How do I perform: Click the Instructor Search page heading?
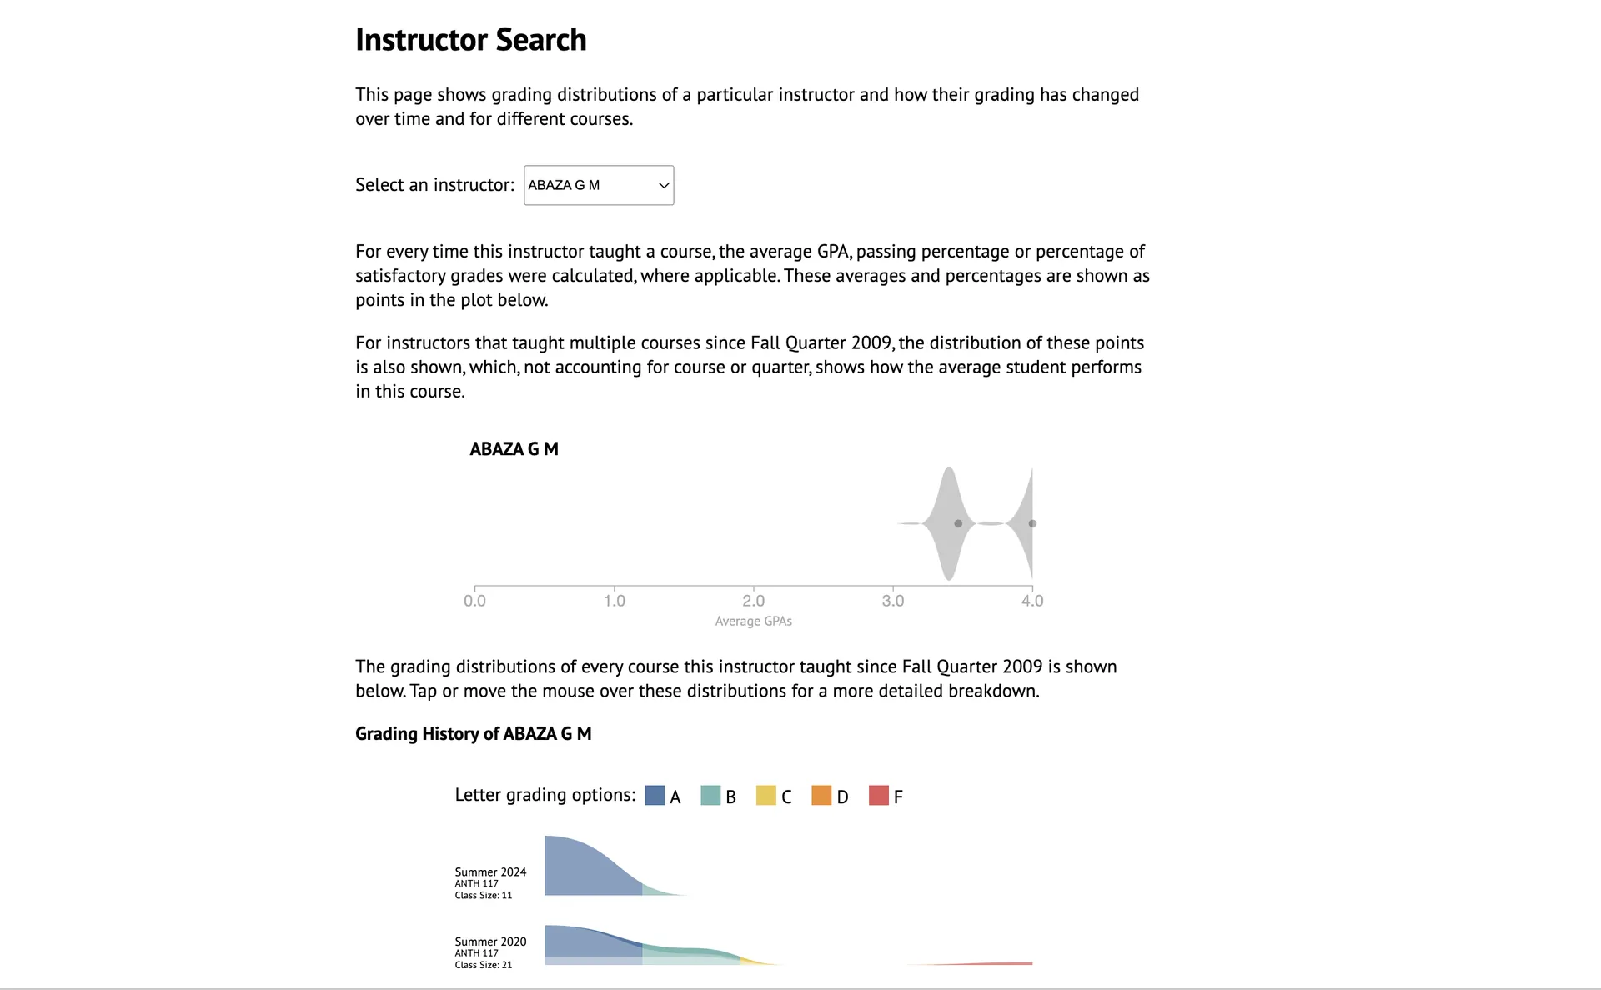pyautogui.click(x=470, y=40)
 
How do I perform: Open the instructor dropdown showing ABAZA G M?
pyautogui.click(x=598, y=185)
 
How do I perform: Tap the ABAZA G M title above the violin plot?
pyautogui.click(x=514, y=449)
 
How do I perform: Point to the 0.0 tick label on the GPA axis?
pyautogui.click(x=474, y=601)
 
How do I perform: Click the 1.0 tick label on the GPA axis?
pyautogui.click(x=614, y=601)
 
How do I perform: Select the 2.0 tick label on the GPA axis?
pyautogui.click(x=753, y=601)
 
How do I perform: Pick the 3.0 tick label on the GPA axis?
pyautogui.click(x=892, y=601)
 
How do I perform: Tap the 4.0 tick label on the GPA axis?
pyautogui.click(x=1031, y=601)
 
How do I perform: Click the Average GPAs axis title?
pyautogui.click(x=753, y=622)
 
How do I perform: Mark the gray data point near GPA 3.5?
pyautogui.click(x=958, y=523)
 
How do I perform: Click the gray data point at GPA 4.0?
pyautogui.click(x=1032, y=523)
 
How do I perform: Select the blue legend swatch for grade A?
pyautogui.click(x=655, y=796)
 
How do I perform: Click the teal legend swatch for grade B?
pyautogui.click(x=710, y=796)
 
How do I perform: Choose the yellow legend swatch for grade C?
pyautogui.click(x=765, y=796)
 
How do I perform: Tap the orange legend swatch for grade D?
pyautogui.click(x=821, y=796)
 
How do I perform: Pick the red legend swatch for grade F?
pyautogui.click(x=878, y=796)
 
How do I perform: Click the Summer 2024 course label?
pyautogui.click(x=490, y=872)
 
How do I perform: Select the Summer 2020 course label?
pyautogui.click(x=490, y=942)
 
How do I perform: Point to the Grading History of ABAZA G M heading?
pyautogui.click(x=473, y=734)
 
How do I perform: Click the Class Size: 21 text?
pyautogui.click(x=484, y=965)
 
